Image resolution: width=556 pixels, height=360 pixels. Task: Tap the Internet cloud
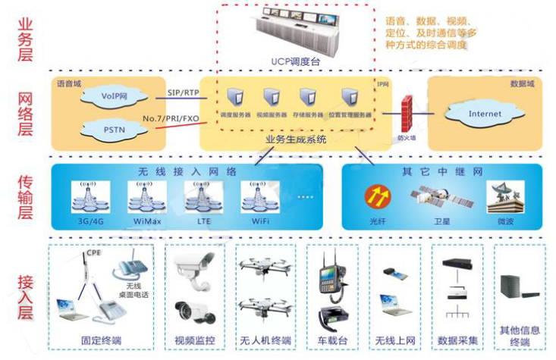(485, 114)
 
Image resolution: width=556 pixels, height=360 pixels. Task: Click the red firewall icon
(407, 114)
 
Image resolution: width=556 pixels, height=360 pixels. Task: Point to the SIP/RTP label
(184, 92)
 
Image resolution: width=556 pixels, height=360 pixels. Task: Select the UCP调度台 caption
(296, 61)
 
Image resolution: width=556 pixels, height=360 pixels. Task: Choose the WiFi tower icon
(255, 196)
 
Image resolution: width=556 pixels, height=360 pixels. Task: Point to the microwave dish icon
(504, 196)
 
